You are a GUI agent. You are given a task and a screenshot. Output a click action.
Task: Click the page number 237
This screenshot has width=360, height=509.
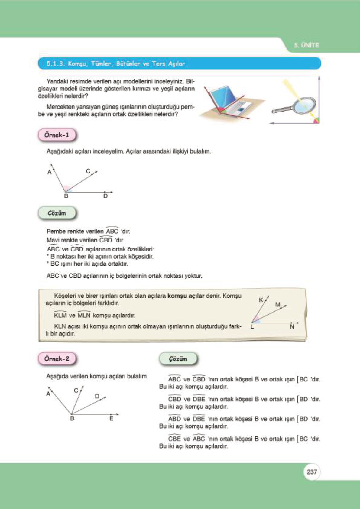coord(312,472)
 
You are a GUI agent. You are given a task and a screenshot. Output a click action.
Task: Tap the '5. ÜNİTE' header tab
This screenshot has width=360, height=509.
coord(306,45)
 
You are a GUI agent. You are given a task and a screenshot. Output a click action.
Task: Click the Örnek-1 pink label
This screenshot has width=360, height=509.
coord(57,135)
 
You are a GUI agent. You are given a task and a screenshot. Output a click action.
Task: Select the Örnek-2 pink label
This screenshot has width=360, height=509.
coord(57,359)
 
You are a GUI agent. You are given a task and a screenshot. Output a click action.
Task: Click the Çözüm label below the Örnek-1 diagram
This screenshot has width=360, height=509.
coord(57,213)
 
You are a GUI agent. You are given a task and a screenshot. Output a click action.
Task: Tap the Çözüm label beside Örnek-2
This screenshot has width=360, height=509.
coord(178,359)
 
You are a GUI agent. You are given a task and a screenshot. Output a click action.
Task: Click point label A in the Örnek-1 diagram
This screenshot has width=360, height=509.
coord(50,172)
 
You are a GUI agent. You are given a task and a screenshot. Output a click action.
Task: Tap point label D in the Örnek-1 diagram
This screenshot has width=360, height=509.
coord(105,196)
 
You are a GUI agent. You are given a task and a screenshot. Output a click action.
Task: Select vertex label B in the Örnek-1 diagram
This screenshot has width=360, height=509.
coord(66,196)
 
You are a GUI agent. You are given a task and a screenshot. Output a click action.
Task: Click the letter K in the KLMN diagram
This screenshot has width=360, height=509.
coord(261,300)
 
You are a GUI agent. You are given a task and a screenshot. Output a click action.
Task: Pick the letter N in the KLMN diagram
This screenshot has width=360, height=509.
coord(292,327)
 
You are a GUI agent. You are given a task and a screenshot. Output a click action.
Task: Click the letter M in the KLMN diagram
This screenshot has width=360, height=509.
coord(277,304)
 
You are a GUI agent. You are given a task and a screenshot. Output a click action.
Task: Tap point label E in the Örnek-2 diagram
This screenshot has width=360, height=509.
coord(111,419)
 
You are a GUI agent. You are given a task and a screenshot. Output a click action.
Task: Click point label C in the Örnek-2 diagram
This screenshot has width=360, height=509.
coord(76,391)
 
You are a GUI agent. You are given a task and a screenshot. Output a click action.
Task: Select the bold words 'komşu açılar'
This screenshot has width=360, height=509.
coord(186,296)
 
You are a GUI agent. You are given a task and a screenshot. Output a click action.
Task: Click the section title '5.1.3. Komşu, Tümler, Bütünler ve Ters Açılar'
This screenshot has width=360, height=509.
coord(115,64)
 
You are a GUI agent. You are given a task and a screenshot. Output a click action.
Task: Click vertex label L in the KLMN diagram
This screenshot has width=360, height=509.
coord(252,327)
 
